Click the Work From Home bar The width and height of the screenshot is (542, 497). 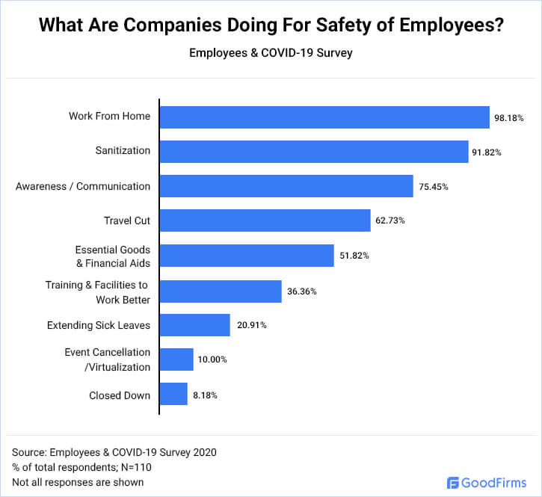click(x=324, y=117)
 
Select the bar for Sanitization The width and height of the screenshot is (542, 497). click(x=314, y=151)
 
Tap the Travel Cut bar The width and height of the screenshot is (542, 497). click(x=265, y=220)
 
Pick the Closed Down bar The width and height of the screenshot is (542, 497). click(x=173, y=394)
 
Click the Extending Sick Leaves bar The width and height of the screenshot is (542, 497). click(x=195, y=325)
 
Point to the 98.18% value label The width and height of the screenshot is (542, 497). click(x=508, y=118)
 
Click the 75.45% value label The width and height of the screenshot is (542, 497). click(x=433, y=187)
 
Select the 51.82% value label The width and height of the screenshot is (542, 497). click(x=354, y=256)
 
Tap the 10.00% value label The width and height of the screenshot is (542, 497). click(x=212, y=359)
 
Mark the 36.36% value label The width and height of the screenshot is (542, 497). click(x=301, y=291)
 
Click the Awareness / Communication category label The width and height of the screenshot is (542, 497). click(x=83, y=186)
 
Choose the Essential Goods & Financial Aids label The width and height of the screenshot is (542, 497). click(x=112, y=256)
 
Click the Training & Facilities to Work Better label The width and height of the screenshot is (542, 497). click(x=97, y=292)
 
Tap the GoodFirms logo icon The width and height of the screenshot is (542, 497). click(x=453, y=482)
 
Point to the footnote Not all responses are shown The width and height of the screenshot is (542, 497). click(x=78, y=482)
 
